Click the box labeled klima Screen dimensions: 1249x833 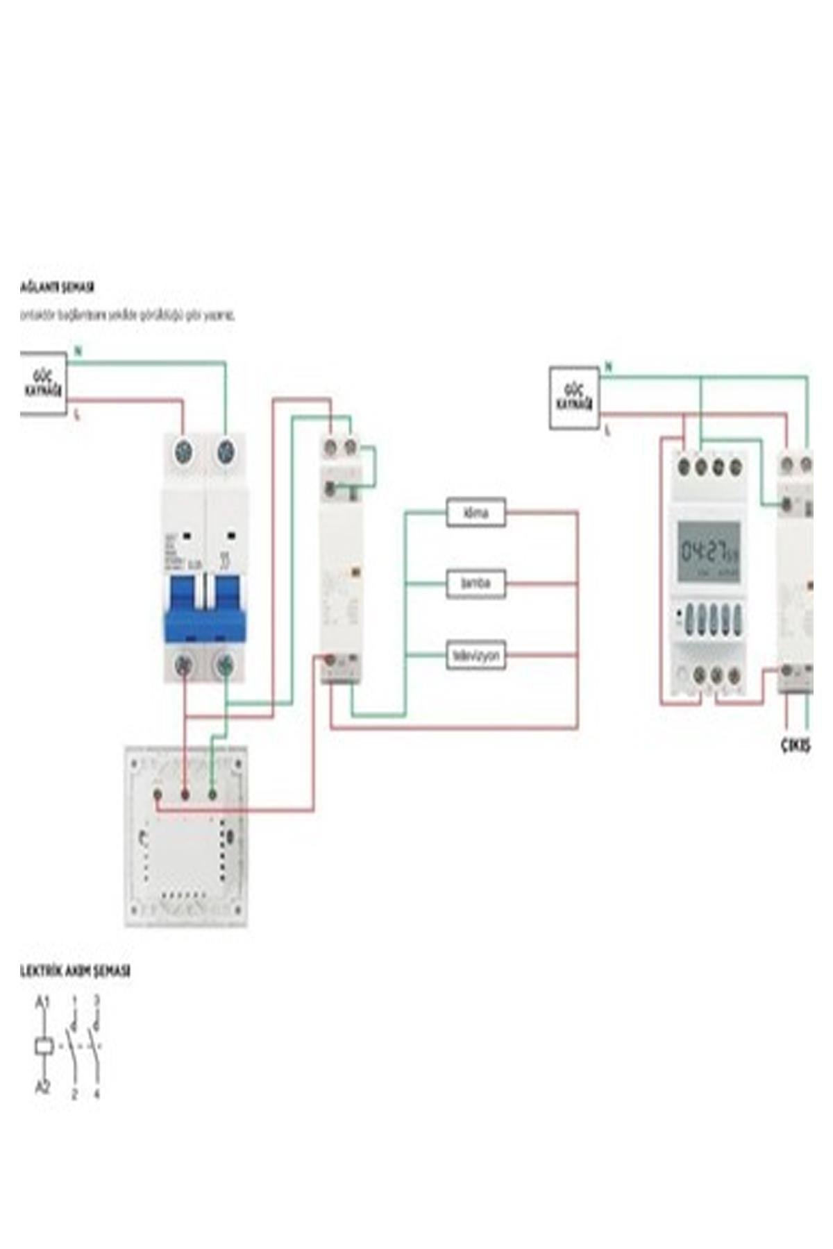[476, 513]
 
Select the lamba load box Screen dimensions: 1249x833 [476, 583]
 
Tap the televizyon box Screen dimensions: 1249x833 [476, 655]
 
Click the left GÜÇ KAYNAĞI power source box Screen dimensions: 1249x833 [43, 384]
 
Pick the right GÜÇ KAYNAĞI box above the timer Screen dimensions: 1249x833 [575, 398]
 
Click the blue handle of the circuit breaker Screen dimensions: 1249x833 [205, 609]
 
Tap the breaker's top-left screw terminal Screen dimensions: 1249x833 [185, 452]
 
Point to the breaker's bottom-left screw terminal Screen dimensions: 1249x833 [185, 664]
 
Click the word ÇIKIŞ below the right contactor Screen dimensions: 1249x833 [795, 746]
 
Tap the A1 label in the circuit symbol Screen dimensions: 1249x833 [42, 1003]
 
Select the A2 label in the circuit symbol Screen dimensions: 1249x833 [42, 1087]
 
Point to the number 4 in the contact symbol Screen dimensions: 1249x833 [96, 1094]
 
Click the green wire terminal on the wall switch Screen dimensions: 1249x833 [212, 792]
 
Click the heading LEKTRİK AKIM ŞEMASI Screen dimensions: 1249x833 [75, 971]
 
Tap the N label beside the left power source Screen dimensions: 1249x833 [78, 351]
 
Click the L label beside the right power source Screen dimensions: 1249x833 [608, 431]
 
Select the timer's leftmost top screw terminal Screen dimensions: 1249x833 [685, 466]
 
